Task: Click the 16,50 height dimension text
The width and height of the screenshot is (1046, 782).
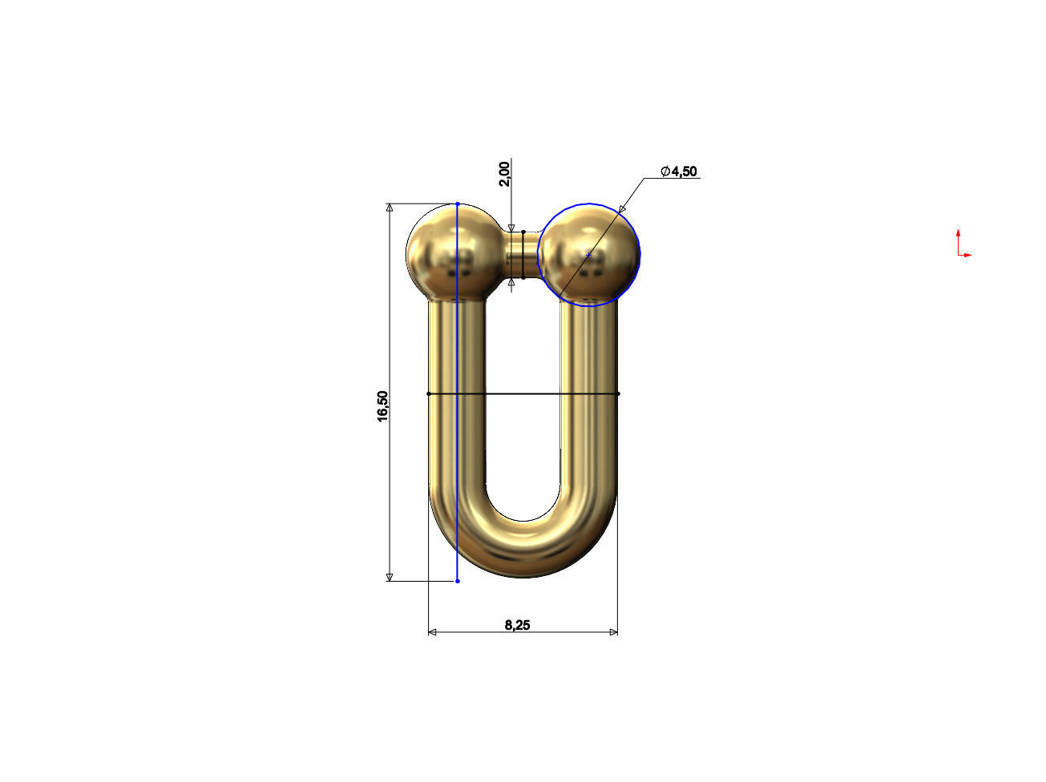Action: [383, 405]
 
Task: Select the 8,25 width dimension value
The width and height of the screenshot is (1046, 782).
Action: [517, 625]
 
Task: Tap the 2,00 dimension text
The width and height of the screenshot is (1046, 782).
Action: [503, 173]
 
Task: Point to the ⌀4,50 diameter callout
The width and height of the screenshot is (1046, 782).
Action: [679, 171]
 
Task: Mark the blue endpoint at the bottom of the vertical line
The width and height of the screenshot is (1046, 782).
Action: [458, 581]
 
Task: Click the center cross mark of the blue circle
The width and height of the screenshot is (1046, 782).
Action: [588, 255]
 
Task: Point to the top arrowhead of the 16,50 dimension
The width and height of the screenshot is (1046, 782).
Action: [390, 208]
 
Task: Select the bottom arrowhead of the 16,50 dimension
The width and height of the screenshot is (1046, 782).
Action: [390, 576]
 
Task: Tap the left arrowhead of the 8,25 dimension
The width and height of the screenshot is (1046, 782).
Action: [433, 632]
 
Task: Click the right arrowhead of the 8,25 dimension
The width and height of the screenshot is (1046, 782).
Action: [613, 632]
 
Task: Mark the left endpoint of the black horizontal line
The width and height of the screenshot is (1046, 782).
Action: [429, 393]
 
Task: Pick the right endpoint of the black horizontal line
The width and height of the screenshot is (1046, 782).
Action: [618, 393]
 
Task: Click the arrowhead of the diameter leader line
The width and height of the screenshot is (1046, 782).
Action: [623, 209]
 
